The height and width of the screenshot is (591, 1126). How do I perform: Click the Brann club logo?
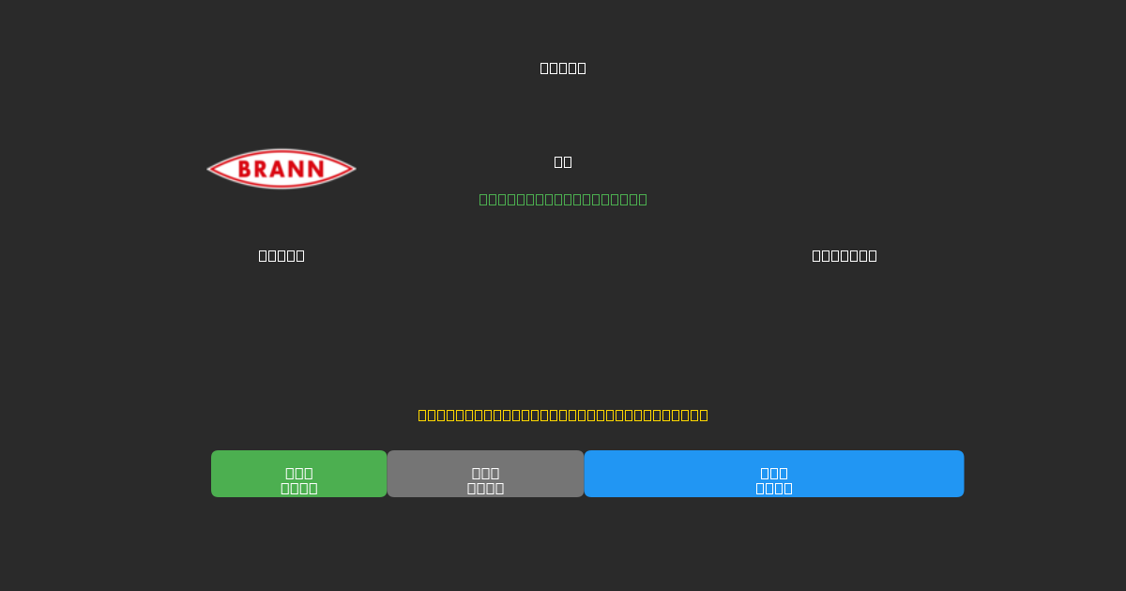[281, 169]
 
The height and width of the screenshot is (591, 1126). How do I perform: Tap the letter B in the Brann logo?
[247, 170]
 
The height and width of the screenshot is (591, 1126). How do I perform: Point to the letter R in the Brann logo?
[265, 170]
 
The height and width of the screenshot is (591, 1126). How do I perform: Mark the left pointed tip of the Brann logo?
[209, 169]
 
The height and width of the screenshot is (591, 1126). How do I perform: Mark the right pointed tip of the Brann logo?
[354, 169]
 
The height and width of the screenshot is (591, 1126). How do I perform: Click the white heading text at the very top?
[563, 68]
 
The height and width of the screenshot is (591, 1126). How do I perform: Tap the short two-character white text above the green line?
[563, 161]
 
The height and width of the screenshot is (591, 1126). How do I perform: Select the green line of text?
[563, 199]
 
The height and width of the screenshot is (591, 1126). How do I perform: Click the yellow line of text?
[563, 415]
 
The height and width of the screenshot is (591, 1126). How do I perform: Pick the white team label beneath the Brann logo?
[281, 255]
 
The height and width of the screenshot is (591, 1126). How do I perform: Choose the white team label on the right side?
[844, 255]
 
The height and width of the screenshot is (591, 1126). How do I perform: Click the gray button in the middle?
[485, 474]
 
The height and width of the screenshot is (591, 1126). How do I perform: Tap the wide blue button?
[774, 474]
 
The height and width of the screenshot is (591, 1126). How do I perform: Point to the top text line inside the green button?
[299, 473]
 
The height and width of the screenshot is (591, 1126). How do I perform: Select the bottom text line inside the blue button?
[774, 488]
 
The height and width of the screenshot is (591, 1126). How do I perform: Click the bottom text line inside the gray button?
[485, 488]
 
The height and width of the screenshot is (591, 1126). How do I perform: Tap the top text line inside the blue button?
[774, 473]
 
